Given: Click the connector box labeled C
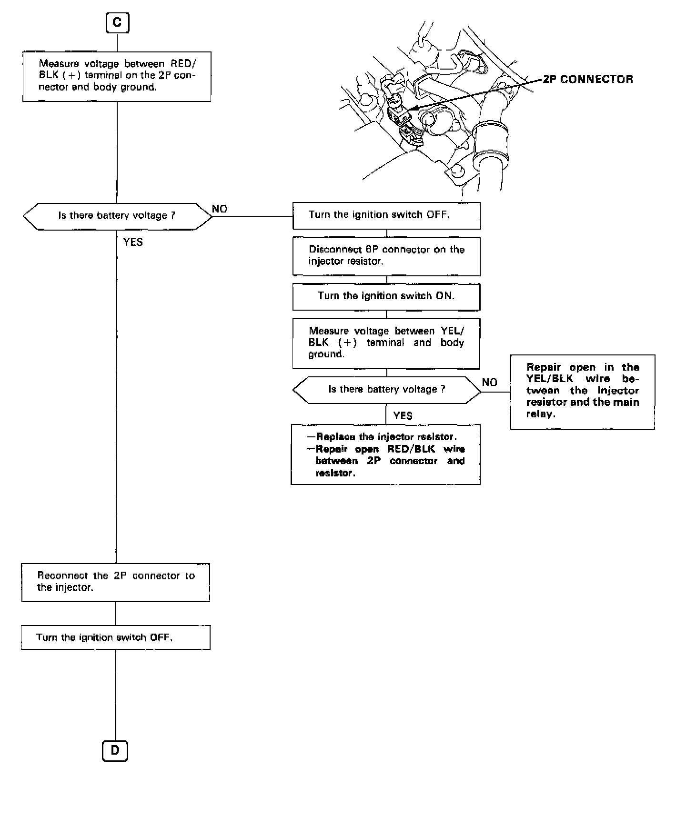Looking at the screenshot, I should (x=117, y=23).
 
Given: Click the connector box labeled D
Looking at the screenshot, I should (x=115, y=751).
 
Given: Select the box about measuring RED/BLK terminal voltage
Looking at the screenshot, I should (x=117, y=76).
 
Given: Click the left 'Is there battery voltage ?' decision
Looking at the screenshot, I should (x=117, y=216).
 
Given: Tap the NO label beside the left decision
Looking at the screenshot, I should (x=220, y=209).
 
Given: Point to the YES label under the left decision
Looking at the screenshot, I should (x=133, y=242).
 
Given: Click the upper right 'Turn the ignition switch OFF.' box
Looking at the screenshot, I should (x=386, y=215).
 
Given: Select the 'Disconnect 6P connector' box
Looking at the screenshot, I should (x=386, y=256).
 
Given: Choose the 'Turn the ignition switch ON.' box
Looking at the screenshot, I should (x=386, y=296).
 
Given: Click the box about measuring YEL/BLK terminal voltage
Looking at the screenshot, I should (x=386, y=343).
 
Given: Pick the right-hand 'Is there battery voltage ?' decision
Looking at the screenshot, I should (x=386, y=390).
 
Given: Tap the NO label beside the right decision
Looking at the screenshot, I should (x=489, y=382).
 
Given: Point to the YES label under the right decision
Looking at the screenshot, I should (x=403, y=416).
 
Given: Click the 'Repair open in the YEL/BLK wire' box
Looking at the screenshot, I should (x=582, y=391).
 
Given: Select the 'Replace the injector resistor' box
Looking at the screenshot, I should (x=386, y=454).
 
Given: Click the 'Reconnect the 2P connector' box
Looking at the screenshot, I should (x=116, y=582).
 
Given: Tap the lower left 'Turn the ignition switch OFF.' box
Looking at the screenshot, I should (x=116, y=637).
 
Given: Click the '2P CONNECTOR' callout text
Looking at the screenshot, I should (x=588, y=80).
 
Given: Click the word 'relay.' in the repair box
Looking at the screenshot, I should (x=541, y=414).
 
